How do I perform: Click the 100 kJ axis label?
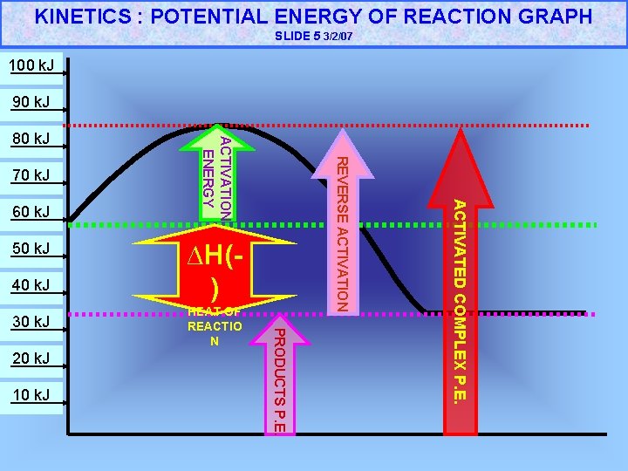31,66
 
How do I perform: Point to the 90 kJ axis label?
31,103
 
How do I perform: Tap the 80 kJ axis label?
31,139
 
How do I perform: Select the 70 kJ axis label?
31,176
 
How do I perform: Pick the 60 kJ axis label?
31,212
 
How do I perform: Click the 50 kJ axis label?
31,249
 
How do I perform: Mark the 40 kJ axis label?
31,285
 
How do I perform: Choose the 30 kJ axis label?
31,323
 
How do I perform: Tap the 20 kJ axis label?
31,358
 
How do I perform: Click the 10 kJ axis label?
31,396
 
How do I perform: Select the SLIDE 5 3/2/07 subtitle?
314,37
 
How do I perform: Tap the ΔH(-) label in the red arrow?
215,271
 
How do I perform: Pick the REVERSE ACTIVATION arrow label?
343,232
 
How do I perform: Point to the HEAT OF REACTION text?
215,326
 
